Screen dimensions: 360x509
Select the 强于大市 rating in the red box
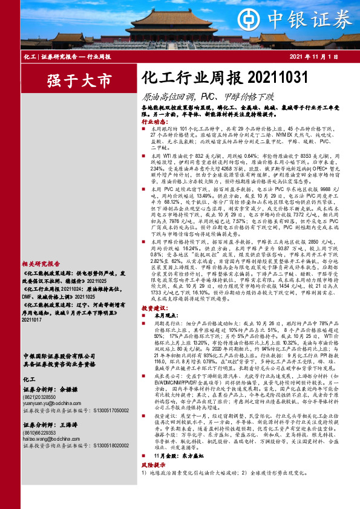[71, 80]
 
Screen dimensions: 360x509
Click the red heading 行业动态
[154, 121]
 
